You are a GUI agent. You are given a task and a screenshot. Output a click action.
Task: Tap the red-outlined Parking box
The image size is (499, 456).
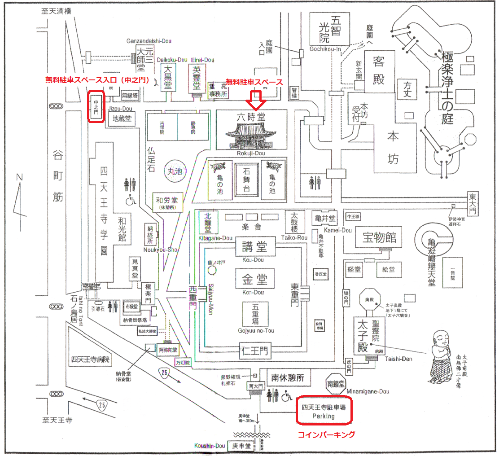click(x=324, y=411)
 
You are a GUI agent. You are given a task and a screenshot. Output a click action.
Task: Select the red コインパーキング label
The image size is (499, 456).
click(x=327, y=434)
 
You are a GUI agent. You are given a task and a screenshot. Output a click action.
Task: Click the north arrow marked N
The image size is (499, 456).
click(x=19, y=197)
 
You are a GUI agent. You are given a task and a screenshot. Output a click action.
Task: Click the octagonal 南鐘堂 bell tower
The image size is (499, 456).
click(x=336, y=383)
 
